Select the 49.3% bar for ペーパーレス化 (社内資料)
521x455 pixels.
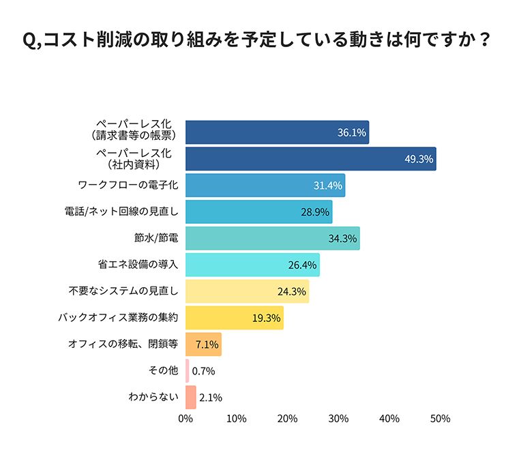point(310,159)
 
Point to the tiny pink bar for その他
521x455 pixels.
point(188,370)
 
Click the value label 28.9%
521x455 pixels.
point(314,212)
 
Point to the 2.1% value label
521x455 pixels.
point(211,397)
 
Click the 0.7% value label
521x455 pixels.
point(204,371)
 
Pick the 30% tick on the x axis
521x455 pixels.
point(338,418)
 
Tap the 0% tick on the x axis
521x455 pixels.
point(185,418)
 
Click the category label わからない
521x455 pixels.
point(153,396)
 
